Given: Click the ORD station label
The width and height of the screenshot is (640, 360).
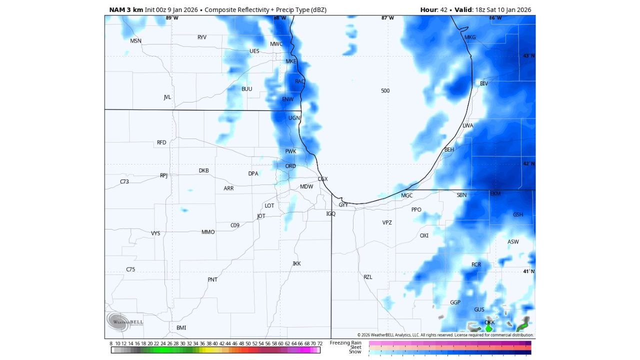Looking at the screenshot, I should coord(290,166).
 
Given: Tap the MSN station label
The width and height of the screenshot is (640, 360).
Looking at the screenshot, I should coord(135,41).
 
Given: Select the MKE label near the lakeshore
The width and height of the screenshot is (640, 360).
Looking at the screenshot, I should coord(291,61).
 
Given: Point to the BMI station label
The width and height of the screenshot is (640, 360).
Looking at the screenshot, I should coord(181,328).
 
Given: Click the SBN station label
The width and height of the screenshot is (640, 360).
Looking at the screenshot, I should coord(461,195).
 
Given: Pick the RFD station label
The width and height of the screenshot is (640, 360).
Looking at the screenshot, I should coord(161,142).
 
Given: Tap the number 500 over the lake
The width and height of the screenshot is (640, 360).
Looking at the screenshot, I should coord(385,90).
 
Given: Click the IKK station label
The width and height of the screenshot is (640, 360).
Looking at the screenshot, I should coord(297,263).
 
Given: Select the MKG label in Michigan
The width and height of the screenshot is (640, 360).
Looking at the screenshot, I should coord(470,37).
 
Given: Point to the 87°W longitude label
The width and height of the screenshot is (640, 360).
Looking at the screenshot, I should coord(387,18).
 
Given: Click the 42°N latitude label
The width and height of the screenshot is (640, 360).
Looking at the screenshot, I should coord(528,164).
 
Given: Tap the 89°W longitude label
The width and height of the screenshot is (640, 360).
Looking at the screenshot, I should coord(172,18).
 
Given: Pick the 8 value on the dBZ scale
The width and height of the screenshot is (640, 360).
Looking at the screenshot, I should coord(111,343).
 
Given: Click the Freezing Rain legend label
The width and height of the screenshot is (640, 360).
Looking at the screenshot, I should coord(345,342).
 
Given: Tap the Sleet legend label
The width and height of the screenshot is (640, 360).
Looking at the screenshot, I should coord(355,347).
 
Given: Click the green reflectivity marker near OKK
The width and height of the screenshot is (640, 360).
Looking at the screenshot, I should coord(489,328).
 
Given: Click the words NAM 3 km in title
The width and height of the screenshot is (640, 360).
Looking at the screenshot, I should coord(126,9).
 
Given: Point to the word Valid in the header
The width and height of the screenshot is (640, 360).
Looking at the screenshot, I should coord(462,9).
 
